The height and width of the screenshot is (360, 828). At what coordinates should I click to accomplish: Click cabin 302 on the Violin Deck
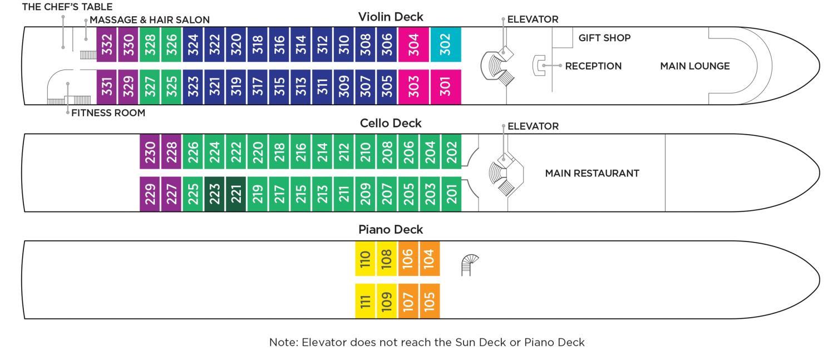point(446,45)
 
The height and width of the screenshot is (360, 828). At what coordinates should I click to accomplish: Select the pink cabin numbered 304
point(413,45)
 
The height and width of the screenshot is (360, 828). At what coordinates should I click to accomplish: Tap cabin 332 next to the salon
point(107,45)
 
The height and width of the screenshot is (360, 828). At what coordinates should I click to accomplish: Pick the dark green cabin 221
point(236,194)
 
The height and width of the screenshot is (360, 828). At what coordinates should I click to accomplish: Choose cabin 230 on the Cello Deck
point(150,151)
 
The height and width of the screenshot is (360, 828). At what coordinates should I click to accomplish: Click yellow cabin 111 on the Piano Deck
point(366,301)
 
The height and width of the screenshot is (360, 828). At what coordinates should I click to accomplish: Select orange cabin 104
point(430,258)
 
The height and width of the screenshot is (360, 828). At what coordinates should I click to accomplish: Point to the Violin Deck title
point(391,17)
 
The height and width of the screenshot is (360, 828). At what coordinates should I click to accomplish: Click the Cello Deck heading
point(390,123)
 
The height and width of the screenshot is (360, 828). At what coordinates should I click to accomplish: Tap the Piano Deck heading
point(391,229)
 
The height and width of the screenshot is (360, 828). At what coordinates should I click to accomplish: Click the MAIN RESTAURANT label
point(592,173)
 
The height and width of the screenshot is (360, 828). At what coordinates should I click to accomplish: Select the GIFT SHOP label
point(604,38)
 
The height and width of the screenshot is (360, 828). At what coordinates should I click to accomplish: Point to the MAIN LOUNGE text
point(694,66)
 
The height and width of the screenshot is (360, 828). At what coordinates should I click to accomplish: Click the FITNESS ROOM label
point(109,113)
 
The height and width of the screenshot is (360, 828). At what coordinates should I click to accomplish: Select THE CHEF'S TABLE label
point(59,7)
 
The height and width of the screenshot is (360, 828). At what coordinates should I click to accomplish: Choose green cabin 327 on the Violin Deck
point(150,87)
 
